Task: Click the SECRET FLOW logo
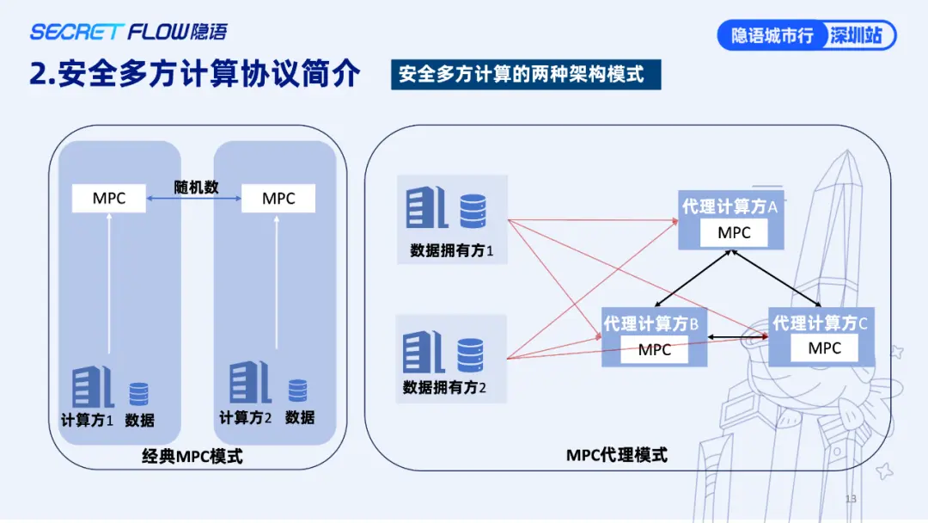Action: (129, 33)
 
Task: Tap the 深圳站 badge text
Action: (856, 36)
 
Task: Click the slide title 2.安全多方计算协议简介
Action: (194, 75)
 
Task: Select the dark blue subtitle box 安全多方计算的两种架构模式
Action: (522, 74)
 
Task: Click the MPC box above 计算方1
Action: (109, 199)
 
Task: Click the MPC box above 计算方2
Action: (278, 199)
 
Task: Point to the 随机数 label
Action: (197, 187)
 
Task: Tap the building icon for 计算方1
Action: (93, 386)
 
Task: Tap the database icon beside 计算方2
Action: (297, 391)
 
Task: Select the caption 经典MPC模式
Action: (192, 457)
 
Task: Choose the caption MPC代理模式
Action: (617, 455)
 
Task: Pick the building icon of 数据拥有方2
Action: (424, 352)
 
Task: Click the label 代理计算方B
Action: (655, 324)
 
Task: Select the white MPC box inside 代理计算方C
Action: (825, 348)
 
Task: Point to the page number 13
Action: (851, 499)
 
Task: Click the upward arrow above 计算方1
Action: (109, 284)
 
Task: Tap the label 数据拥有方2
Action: (444, 387)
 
